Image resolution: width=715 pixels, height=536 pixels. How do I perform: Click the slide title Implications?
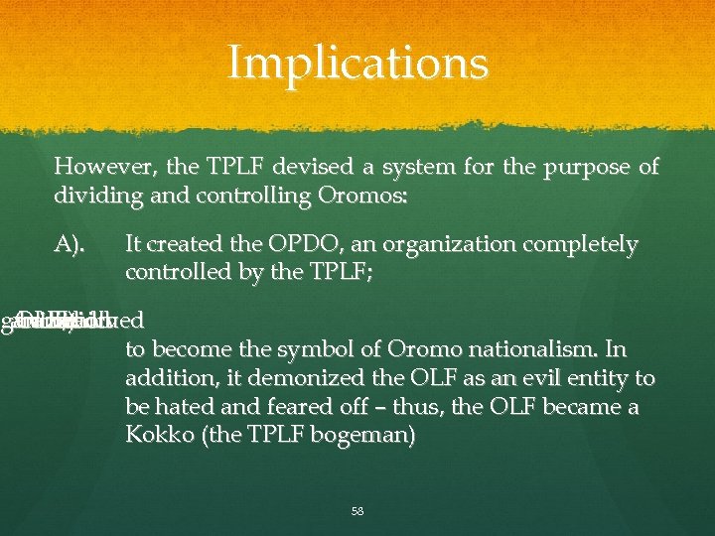pos(357,63)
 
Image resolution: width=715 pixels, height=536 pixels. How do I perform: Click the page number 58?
pos(357,512)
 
